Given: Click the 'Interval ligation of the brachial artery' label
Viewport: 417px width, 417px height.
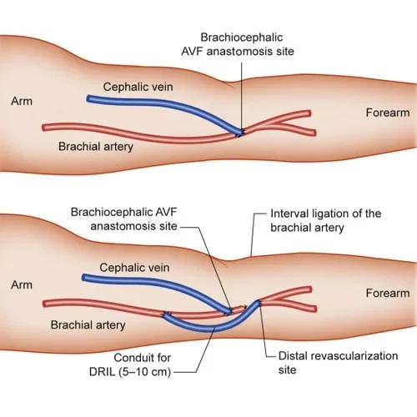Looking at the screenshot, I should [325, 221].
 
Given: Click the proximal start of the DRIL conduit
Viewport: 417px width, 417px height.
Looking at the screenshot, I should [166, 314].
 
